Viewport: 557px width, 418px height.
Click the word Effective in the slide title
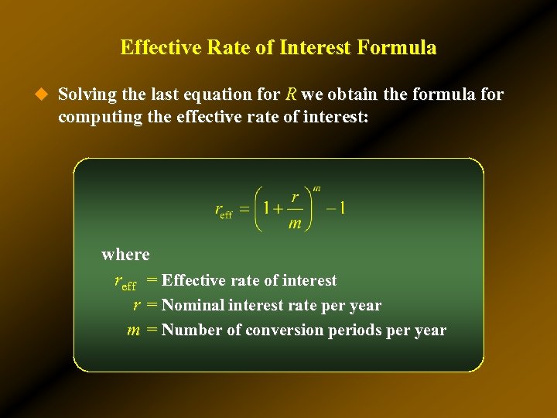pos(153,47)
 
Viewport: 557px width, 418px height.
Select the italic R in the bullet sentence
pos(291,94)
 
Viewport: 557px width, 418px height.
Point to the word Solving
pos(87,94)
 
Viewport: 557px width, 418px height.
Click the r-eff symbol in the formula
pos(223,211)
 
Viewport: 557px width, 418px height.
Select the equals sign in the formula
pos(244,209)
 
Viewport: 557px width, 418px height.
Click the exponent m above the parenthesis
pos(316,189)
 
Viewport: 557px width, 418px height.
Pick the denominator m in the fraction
pos(295,224)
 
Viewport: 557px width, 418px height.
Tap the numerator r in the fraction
pos(296,197)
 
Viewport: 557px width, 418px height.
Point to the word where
pos(125,254)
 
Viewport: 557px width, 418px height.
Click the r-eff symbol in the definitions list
pos(125,282)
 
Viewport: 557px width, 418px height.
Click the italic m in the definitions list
pos(133,331)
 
